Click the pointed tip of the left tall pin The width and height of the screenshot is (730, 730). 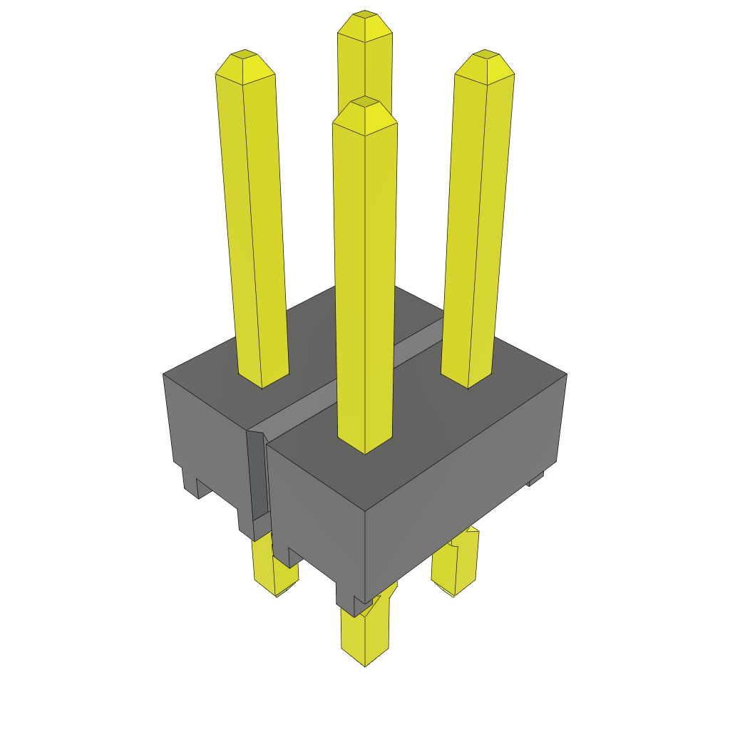(245, 56)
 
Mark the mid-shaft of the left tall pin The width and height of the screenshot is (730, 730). (254, 221)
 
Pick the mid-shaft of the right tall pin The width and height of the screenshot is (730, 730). (476, 221)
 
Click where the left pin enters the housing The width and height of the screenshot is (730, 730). (262, 381)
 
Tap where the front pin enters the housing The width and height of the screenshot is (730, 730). (364, 446)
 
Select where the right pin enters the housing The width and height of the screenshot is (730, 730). (468, 381)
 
